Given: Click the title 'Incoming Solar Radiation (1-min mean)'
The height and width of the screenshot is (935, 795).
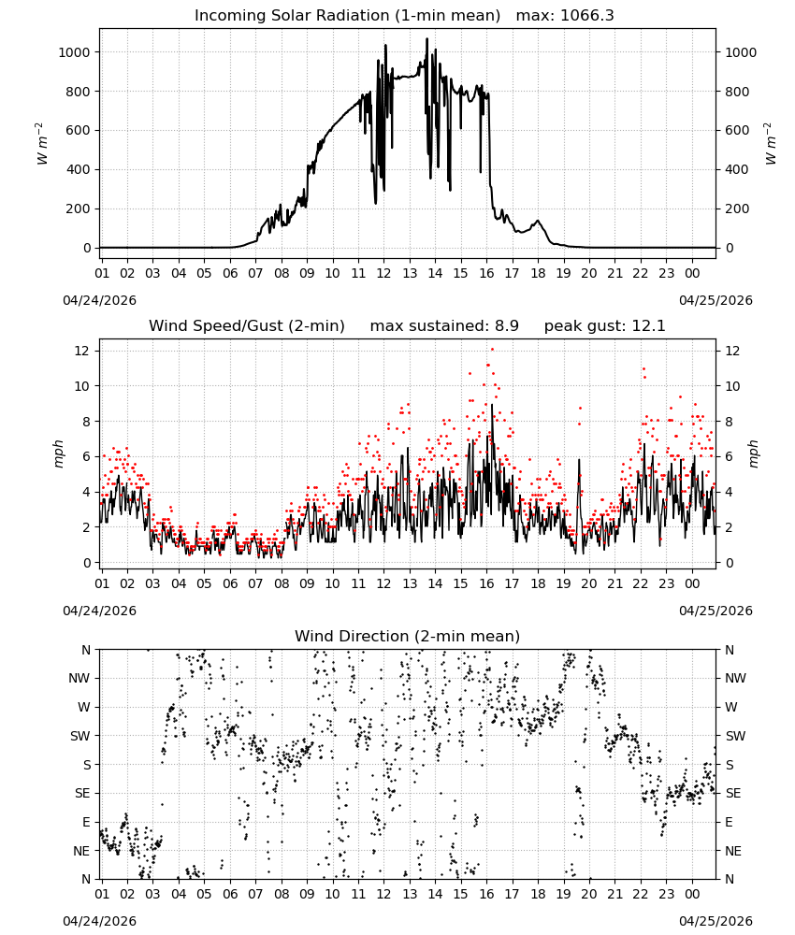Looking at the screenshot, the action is (347, 16).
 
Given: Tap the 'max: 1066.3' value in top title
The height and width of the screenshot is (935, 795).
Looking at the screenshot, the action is (565, 16).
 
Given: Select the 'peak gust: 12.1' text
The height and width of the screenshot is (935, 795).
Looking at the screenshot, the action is (604, 326).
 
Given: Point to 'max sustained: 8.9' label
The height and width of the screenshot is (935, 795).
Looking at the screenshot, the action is (444, 326).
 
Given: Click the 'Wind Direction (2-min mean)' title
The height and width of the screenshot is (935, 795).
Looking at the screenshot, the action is (408, 636).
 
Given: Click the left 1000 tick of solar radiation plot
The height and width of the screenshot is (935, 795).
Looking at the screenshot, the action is (74, 52).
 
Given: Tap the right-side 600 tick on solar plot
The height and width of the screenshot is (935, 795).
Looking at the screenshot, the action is (737, 131).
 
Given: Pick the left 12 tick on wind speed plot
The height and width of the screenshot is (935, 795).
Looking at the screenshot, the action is (82, 351).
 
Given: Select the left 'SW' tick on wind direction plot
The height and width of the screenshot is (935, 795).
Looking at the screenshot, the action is (80, 736).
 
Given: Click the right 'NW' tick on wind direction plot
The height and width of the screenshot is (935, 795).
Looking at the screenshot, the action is (735, 679).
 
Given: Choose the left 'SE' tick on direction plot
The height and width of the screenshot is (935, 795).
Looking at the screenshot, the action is (82, 794).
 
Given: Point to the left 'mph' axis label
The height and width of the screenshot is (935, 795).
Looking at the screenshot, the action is (58, 453).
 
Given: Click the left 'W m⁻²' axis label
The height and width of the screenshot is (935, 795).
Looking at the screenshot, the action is (40, 144).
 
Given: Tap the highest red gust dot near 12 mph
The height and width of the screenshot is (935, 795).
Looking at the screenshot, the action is (492, 350).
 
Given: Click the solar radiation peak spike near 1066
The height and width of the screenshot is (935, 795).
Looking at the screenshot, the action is (426, 39).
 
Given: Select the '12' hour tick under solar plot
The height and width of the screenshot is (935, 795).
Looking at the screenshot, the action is (383, 273).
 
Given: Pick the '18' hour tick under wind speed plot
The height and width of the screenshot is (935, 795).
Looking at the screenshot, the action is (538, 583).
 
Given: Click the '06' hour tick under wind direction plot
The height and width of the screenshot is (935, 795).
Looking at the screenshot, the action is (230, 894).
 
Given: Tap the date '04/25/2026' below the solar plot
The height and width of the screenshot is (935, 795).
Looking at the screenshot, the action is (715, 300).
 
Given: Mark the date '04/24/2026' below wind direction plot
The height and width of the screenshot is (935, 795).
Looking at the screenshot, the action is (99, 921).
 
